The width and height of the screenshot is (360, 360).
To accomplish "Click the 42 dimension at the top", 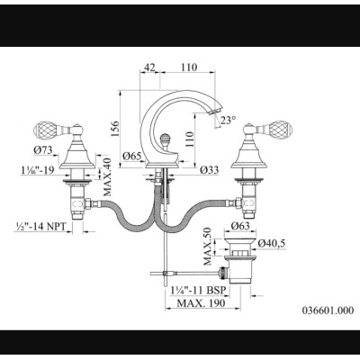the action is click(150, 67).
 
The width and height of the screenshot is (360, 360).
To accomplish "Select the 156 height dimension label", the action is click(115, 129).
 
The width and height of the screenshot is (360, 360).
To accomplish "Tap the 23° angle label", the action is click(228, 121).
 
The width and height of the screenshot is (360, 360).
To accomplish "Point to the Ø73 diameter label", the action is click(43, 150).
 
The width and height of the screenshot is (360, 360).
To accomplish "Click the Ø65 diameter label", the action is click(132, 156).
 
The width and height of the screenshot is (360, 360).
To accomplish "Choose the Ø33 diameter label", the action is click(210, 170).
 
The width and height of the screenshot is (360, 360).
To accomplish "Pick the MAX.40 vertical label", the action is click(107, 177).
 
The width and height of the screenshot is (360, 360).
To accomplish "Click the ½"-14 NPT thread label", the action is click(40, 226).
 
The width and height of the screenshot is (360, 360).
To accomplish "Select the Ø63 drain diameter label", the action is click(240, 225).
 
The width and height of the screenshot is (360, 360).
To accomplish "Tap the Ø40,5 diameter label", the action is click(271, 244).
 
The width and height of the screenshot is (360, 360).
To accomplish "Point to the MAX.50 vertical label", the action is click(208, 247).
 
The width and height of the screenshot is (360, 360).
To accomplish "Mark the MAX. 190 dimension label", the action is click(201, 303).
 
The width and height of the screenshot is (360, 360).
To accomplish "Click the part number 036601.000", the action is click(328, 310).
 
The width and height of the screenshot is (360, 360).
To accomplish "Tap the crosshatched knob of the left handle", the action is click(44, 128).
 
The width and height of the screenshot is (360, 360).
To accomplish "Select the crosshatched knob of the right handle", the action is click(281, 128).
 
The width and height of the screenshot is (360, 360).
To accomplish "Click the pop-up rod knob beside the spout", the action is click(165, 139).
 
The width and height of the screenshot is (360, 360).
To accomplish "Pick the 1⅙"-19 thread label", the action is click(38, 170).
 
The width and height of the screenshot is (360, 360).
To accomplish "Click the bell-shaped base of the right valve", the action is click(248, 154).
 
